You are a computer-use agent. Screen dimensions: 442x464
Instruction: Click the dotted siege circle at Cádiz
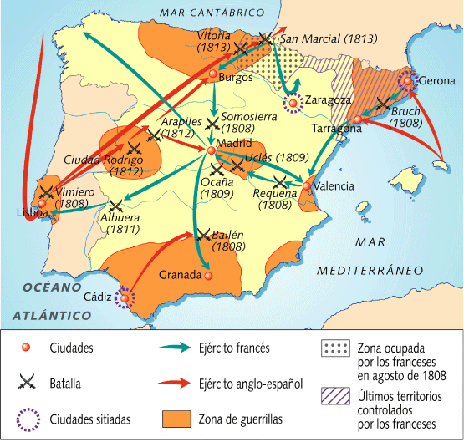tap(126, 298)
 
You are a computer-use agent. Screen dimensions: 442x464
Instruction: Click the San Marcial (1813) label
tap(329, 38)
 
